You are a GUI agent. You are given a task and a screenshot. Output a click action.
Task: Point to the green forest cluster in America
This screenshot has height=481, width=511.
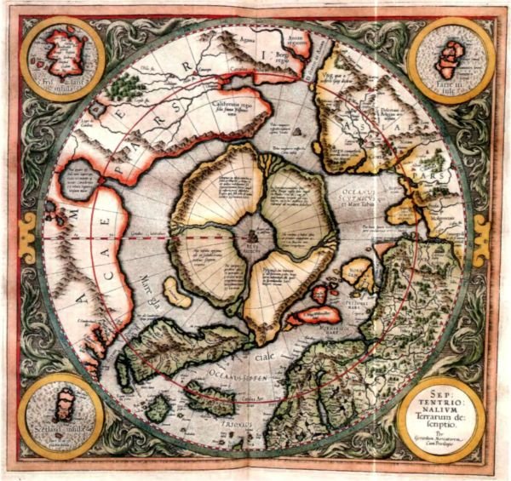[x=128, y=84]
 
